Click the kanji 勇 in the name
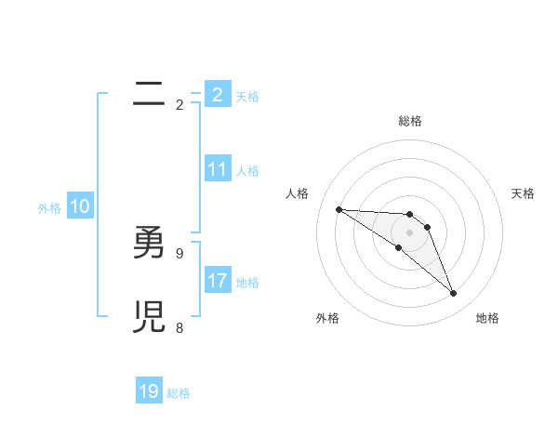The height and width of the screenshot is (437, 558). (x=148, y=245)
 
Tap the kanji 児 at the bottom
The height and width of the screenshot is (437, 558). (x=148, y=320)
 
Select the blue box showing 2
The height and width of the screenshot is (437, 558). (x=217, y=94)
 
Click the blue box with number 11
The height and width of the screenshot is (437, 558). (x=217, y=169)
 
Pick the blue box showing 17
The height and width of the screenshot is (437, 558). (x=217, y=280)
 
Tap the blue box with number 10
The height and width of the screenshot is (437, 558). (x=80, y=207)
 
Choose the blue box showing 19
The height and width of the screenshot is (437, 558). (x=149, y=391)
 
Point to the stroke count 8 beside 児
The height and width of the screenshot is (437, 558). (x=179, y=327)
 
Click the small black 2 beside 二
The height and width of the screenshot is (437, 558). (x=179, y=104)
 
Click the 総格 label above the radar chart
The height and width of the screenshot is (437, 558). (x=409, y=121)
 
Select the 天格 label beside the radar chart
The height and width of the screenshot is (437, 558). (x=523, y=193)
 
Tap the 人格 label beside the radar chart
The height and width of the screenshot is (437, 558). (x=297, y=193)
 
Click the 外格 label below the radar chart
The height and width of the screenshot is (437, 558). (x=327, y=318)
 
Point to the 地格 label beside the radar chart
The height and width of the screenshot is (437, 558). (x=487, y=318)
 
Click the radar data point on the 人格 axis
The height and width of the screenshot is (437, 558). (x=339, y=209)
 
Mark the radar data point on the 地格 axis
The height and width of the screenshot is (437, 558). (x=454, y=294)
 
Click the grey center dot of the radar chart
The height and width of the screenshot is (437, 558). (x=409, y=232)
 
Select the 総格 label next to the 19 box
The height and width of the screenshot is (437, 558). (x=179, y=393)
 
